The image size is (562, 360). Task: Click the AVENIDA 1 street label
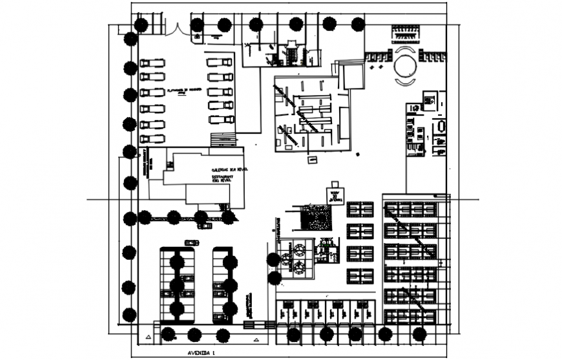(200, 354)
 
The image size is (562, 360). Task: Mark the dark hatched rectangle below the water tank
(317, 218)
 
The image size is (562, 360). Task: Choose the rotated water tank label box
(335, 196)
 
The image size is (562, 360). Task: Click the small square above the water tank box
(334, 184)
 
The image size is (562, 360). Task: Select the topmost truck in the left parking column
(152, 63)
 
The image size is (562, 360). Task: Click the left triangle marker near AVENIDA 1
(149, 337)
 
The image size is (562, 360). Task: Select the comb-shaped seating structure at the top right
(405, 34)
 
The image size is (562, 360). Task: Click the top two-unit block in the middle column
(360, 209)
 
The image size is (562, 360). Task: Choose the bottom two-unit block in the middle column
(360, 276)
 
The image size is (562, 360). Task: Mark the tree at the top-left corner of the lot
(140, 25)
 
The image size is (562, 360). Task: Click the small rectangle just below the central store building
(313, 159)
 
